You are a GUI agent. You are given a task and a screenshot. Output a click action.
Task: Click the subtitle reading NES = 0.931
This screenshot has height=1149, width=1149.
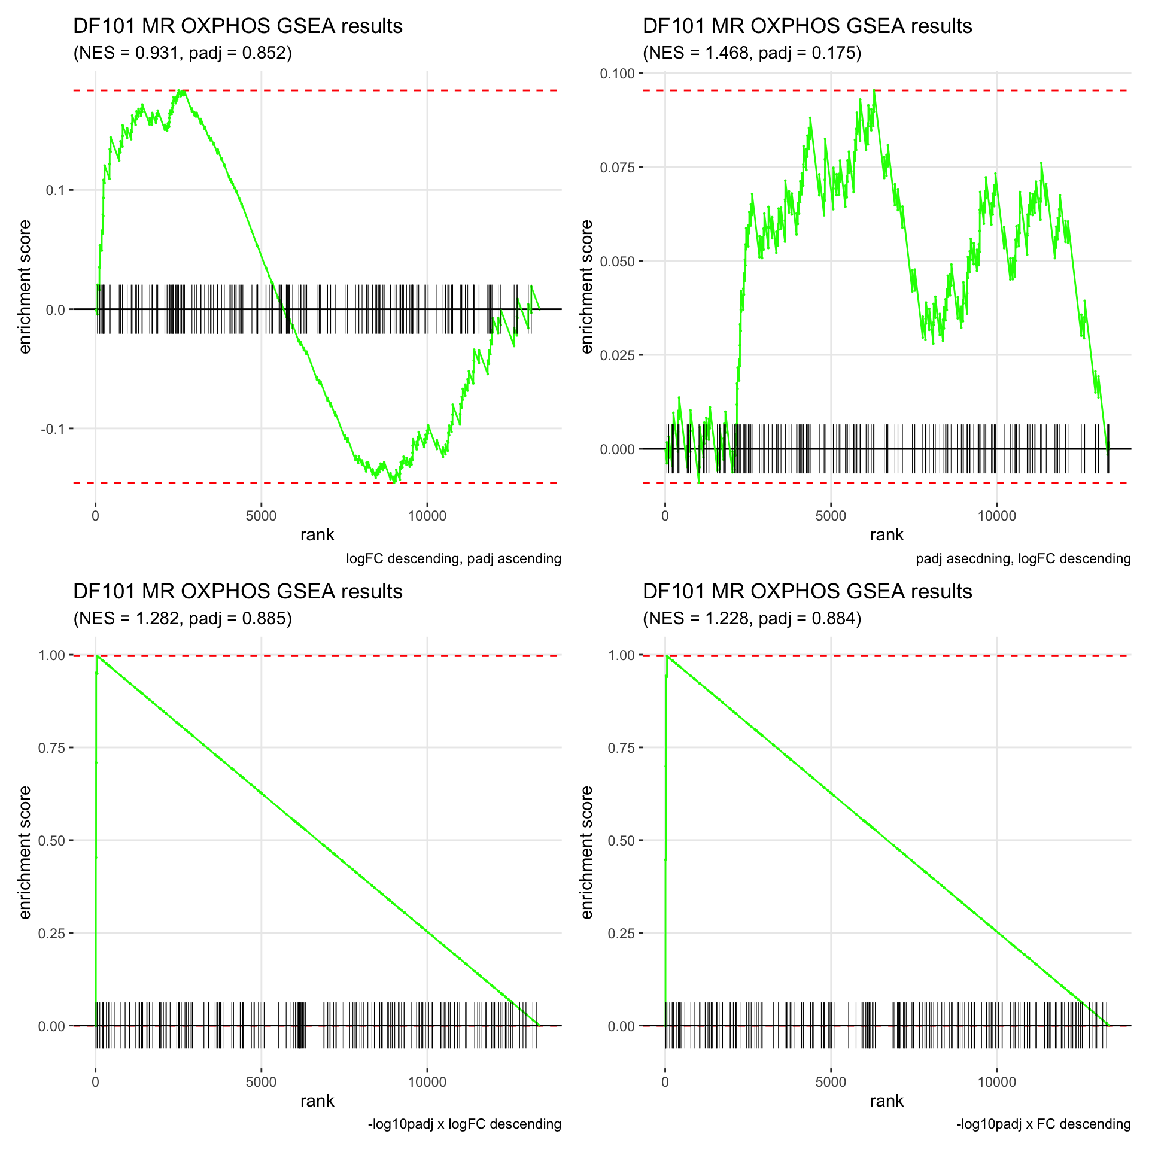(x=183, y=53)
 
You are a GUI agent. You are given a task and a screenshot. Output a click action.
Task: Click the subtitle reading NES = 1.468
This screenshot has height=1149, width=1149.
(x=752, y=53)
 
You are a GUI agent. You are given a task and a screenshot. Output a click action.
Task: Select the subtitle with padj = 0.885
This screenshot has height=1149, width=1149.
(x=183, y=618)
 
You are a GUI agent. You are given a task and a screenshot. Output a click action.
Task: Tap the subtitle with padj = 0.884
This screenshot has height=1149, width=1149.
(x=752, y=618)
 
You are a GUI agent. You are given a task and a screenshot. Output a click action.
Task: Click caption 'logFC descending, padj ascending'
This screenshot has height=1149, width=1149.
(x=454, y=558)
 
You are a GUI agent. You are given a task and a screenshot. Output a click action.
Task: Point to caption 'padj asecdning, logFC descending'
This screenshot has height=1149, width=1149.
(x=1023, y=558)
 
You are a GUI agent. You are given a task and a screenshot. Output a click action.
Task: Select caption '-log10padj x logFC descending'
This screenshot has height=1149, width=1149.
(x=464, y=1124)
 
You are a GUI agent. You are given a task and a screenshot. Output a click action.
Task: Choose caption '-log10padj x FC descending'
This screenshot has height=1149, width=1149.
(x=1044, y=1124)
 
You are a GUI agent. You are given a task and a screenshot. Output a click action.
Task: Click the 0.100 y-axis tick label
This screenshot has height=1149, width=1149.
(x=617, y=74)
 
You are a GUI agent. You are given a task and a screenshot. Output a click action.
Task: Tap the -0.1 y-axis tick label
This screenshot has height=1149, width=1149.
(x=53, y=429)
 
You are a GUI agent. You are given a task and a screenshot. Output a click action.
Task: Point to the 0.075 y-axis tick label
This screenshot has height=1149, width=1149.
(x=617, y=168)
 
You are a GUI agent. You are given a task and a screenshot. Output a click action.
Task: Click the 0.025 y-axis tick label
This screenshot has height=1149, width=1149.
(x=617, y=355)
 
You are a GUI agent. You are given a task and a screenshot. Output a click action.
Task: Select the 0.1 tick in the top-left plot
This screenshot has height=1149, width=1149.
(x=55, y=190)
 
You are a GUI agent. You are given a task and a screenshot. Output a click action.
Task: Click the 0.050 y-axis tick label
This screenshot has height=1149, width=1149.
(x=617, y=262)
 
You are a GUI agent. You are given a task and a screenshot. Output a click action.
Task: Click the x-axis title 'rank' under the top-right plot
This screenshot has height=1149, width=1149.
(x=886, y=534)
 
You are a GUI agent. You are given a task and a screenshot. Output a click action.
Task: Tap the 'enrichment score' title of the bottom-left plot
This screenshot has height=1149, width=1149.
(x=25, y=852)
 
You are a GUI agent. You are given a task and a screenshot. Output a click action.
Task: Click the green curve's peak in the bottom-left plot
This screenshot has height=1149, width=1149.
(x=97, y=656)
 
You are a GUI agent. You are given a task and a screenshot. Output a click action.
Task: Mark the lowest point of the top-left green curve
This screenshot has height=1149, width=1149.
(x=394, y=482)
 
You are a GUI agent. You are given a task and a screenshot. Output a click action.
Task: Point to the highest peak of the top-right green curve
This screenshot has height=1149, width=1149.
(x=874, y=91)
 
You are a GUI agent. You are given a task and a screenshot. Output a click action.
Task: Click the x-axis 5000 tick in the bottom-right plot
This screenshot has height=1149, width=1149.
(x=831, y=1082)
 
